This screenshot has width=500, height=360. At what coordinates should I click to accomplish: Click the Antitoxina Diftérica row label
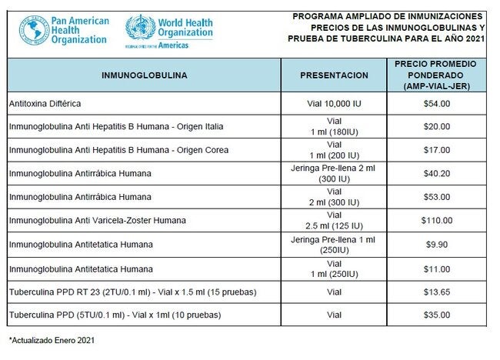click(45, 103)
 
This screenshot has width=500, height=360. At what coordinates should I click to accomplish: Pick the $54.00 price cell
click(436, 103)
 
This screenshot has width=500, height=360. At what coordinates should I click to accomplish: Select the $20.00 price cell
click(436, 126)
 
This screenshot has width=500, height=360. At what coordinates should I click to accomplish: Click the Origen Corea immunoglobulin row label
click(118, 150)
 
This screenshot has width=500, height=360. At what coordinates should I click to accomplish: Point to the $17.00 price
click(436, 150)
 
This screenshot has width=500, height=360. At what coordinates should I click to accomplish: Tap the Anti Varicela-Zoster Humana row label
click(97, 221)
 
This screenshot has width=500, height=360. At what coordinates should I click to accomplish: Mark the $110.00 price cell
click(436, 221)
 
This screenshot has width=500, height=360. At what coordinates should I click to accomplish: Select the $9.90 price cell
click(436, 245)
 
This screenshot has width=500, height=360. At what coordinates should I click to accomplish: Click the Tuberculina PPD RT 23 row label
click(132, 292)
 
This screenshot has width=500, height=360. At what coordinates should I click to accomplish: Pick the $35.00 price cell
click(436, 315)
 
